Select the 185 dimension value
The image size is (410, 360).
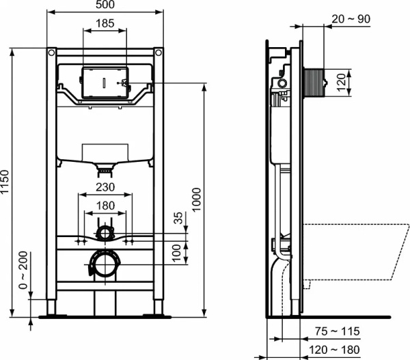pos(105,24)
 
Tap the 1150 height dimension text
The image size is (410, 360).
pos(6,182)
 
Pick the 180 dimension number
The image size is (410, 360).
pos(105,206)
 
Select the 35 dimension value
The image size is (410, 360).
pos(179,219)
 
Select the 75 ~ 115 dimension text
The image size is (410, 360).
pos(337,332)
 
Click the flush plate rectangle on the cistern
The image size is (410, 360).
pos(105,83)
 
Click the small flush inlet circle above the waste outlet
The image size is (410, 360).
pos(105,233)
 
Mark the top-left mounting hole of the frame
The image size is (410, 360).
pos(51,53)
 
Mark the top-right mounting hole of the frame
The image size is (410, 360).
pos(159,53)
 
